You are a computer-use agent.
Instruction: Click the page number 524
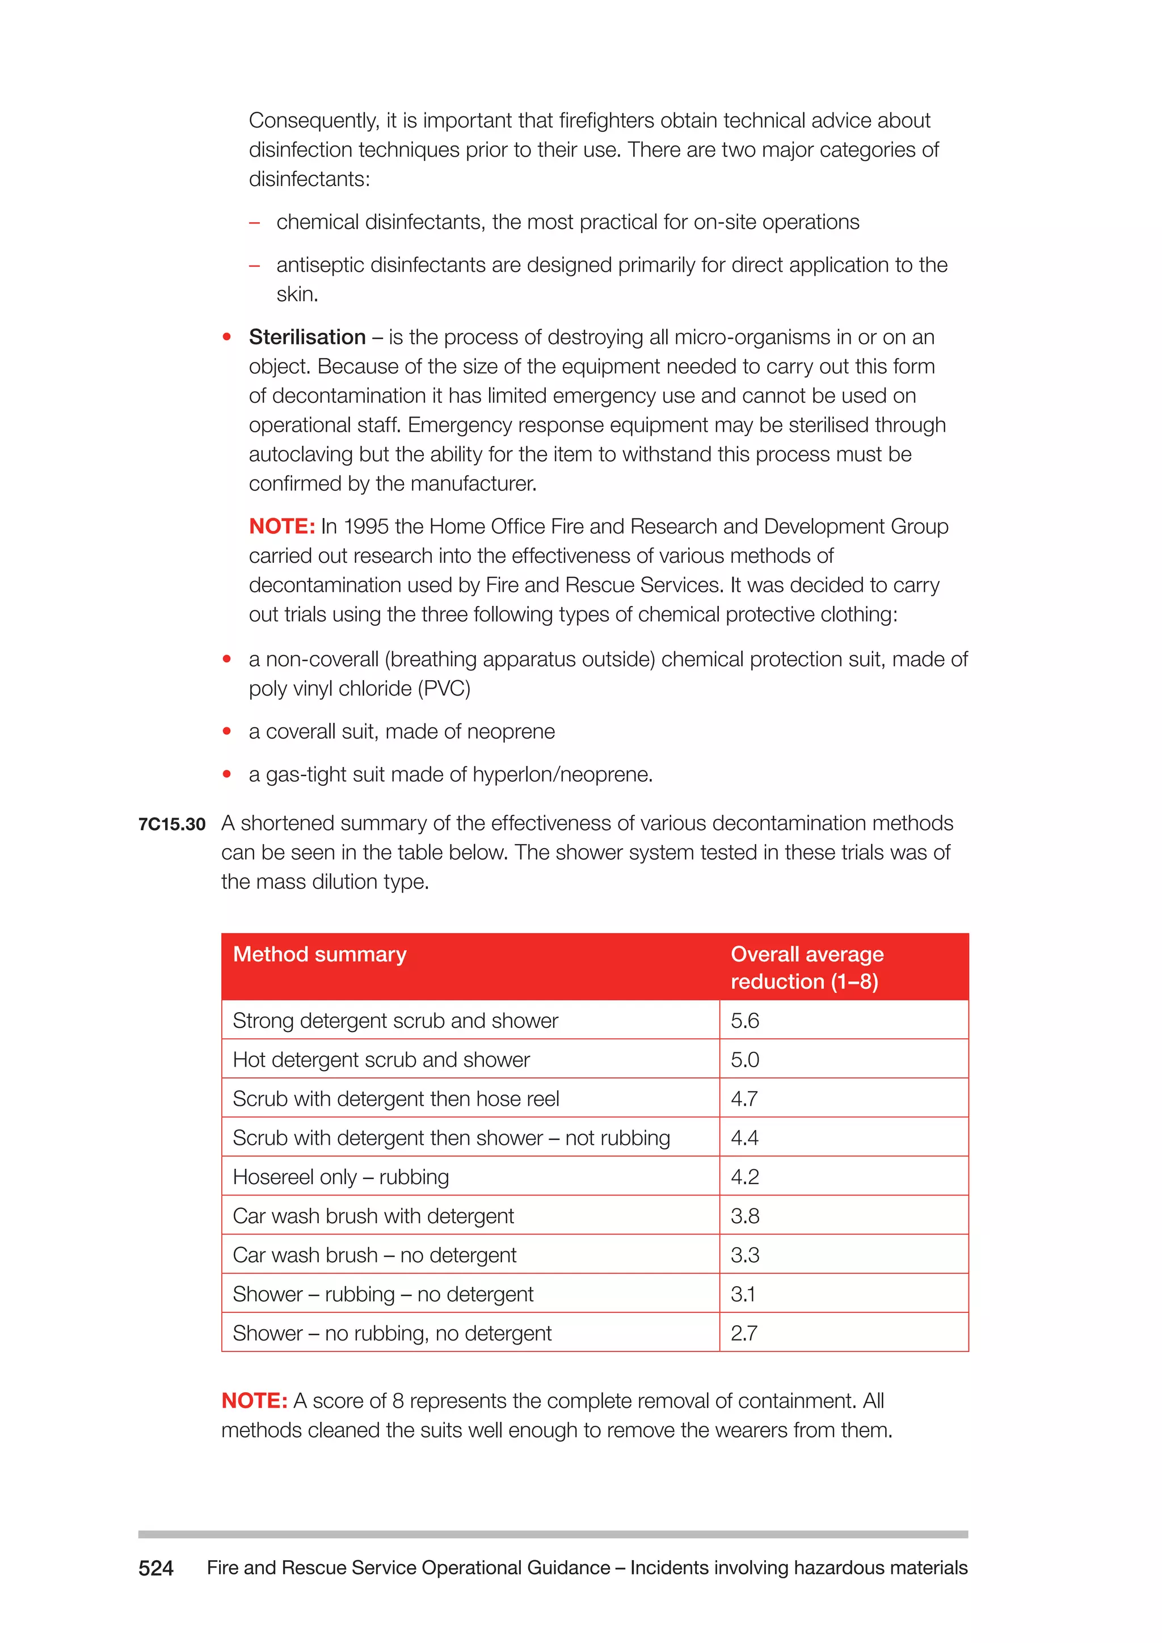click(156, 1568)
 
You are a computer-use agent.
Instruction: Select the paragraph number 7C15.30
click(172, 824)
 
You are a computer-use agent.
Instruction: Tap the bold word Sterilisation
click(307, 337)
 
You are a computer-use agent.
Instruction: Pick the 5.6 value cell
click(745, 1021)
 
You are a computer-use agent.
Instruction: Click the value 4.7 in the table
click(744, 1098)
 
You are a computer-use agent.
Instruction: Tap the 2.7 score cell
click(744, 1333)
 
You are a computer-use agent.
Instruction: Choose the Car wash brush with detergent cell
click(373, 1216)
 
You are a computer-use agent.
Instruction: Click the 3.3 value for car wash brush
click(745, 1254)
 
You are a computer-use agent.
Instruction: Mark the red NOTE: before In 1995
click(282, 526)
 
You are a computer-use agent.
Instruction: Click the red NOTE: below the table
click(254, 1400)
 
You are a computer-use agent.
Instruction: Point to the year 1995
click(365, 526)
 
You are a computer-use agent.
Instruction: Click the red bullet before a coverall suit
click(227, 731)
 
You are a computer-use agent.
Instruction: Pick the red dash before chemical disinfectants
click(254, 222)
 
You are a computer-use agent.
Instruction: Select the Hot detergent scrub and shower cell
click(381, 1059)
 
